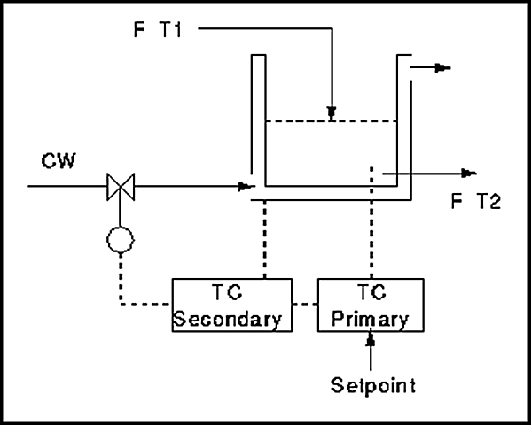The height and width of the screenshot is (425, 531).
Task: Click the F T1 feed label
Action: tap(158, 29)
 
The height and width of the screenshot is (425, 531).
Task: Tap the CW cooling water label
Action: tap(59, 161)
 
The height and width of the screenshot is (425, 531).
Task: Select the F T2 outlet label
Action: tap(476, 201)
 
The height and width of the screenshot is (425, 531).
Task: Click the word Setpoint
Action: tap(373, 386)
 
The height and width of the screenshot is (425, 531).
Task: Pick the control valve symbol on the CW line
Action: tap(121, 187)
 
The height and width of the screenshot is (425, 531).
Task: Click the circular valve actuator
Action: tap(121, 240)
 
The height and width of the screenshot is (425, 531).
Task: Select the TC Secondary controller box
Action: tap(232, 305)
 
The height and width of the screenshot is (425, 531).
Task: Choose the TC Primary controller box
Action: tap(371, 305)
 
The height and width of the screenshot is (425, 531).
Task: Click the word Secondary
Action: tap(228, 320)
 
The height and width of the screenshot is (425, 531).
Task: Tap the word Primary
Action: tap(371, 320)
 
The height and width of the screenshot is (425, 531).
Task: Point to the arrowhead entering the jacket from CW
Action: tap(246, 187)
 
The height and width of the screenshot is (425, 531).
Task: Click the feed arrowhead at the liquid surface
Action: tap(332, 113)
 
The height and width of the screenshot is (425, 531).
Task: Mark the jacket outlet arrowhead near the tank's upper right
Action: tap(442, 68)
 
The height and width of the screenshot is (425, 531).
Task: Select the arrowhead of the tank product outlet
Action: tap(469, 174)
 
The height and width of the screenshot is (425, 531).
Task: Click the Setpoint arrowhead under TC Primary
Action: tap(371, 339)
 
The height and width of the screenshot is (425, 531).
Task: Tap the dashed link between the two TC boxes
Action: tap(305, 305)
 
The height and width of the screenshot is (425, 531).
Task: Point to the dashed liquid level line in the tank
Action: tap(332, 121)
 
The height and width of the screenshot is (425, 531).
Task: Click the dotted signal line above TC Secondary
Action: tap(264, 240)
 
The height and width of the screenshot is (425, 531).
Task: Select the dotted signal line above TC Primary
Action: tap(371, 222)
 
